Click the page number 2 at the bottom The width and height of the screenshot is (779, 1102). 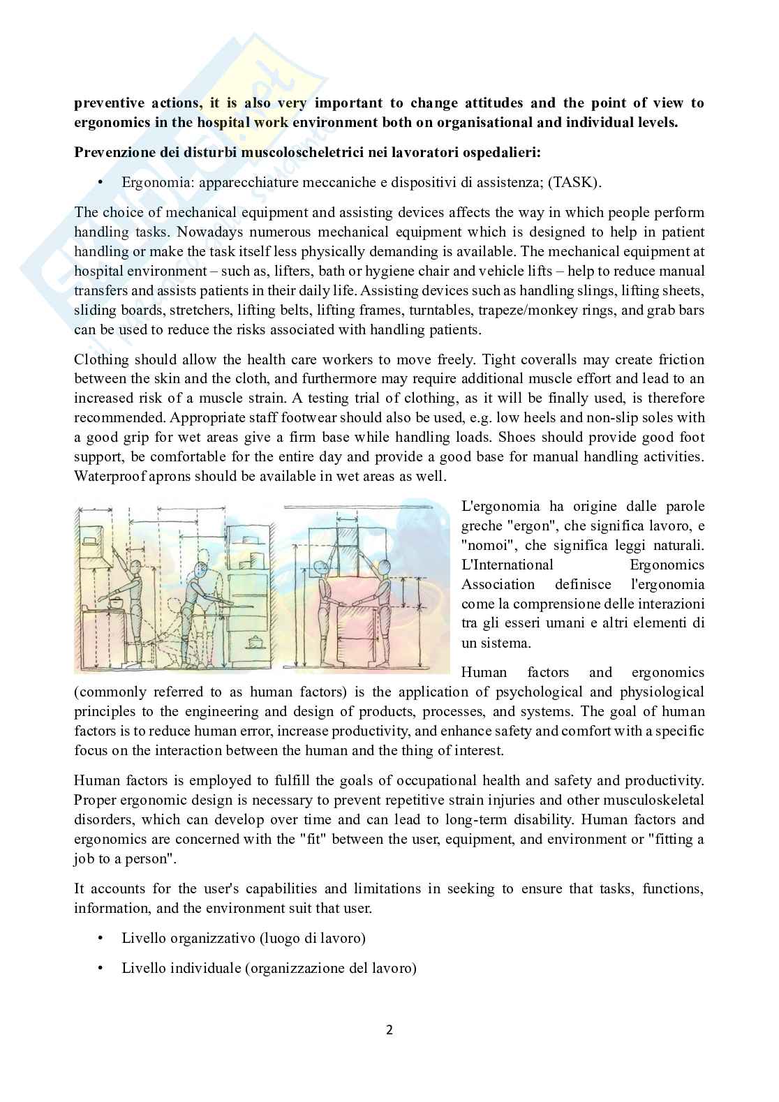[x=389, y=1029]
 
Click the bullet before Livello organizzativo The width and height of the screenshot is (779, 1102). [x=101, y=938]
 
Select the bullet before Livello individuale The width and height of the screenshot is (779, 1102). [x=101, y=968]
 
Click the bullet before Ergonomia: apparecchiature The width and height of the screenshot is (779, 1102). [x=101, y=183]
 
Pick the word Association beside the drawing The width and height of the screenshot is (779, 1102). [x=498, y=584]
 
